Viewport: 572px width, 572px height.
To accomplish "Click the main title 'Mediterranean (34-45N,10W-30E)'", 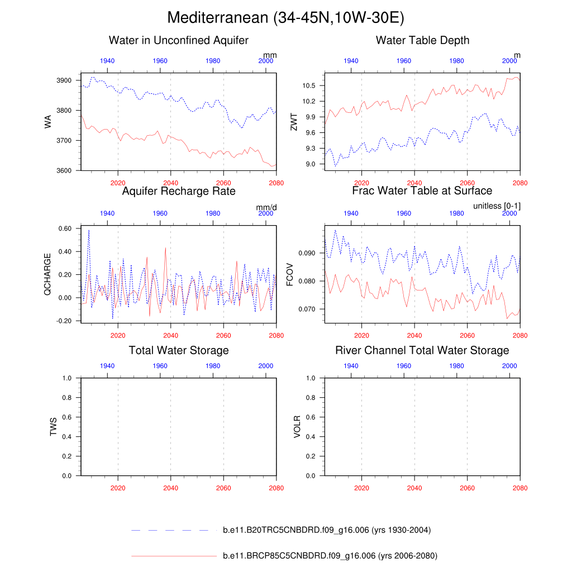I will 285,18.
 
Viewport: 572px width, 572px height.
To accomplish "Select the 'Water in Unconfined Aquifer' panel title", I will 179,40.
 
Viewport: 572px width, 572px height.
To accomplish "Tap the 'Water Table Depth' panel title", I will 422,40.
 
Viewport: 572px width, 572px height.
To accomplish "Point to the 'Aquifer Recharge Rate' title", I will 179,191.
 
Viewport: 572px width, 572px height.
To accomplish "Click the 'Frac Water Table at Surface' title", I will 422,191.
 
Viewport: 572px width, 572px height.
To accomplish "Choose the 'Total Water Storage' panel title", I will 179,350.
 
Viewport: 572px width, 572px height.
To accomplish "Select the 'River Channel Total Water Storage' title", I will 422,350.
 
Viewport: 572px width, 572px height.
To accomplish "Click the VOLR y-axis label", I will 297,426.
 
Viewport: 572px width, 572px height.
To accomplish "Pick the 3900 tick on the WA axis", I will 64,81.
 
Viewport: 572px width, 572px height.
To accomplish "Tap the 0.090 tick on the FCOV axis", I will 307,253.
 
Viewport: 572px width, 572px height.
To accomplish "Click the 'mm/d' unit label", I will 266,207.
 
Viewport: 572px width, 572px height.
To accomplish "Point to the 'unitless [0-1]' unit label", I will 497,207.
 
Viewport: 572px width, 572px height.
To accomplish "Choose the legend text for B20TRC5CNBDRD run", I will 326,530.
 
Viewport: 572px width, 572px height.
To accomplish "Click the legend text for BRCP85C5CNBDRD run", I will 330,556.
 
